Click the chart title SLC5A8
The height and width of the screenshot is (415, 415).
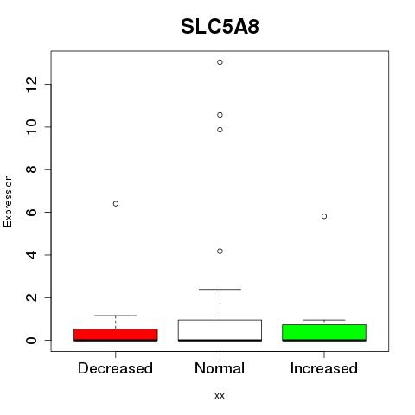click(220, 27)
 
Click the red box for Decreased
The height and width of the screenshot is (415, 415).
click(116, 335)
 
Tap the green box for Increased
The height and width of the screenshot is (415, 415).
click(324, 333)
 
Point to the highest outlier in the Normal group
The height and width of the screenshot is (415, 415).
click(220, 62)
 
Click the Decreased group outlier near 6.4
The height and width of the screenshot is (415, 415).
click(116, 204)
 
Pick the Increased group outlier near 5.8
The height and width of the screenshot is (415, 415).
click(324, 216)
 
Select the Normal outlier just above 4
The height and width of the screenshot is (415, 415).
click(220, 252)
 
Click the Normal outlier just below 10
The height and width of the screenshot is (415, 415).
click(220, 130)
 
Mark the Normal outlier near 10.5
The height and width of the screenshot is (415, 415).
click(220, 115)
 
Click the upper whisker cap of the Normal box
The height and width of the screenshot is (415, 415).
click(220, 289)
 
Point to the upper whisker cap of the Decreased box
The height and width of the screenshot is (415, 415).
click(116, 316)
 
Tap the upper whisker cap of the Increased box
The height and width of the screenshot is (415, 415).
click(324, 320)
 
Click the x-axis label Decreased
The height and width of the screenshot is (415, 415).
click(115, 368)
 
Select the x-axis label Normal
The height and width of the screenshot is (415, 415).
click(220, 368)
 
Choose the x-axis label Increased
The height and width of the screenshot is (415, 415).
click(324, 368)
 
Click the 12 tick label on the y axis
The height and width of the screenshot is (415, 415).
click(31, 84)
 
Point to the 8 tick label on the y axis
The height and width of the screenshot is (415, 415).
click(31, 169)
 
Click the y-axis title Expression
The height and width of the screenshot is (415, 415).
click(8, 201)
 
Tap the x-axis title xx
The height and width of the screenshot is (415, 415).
click(220, 396)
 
